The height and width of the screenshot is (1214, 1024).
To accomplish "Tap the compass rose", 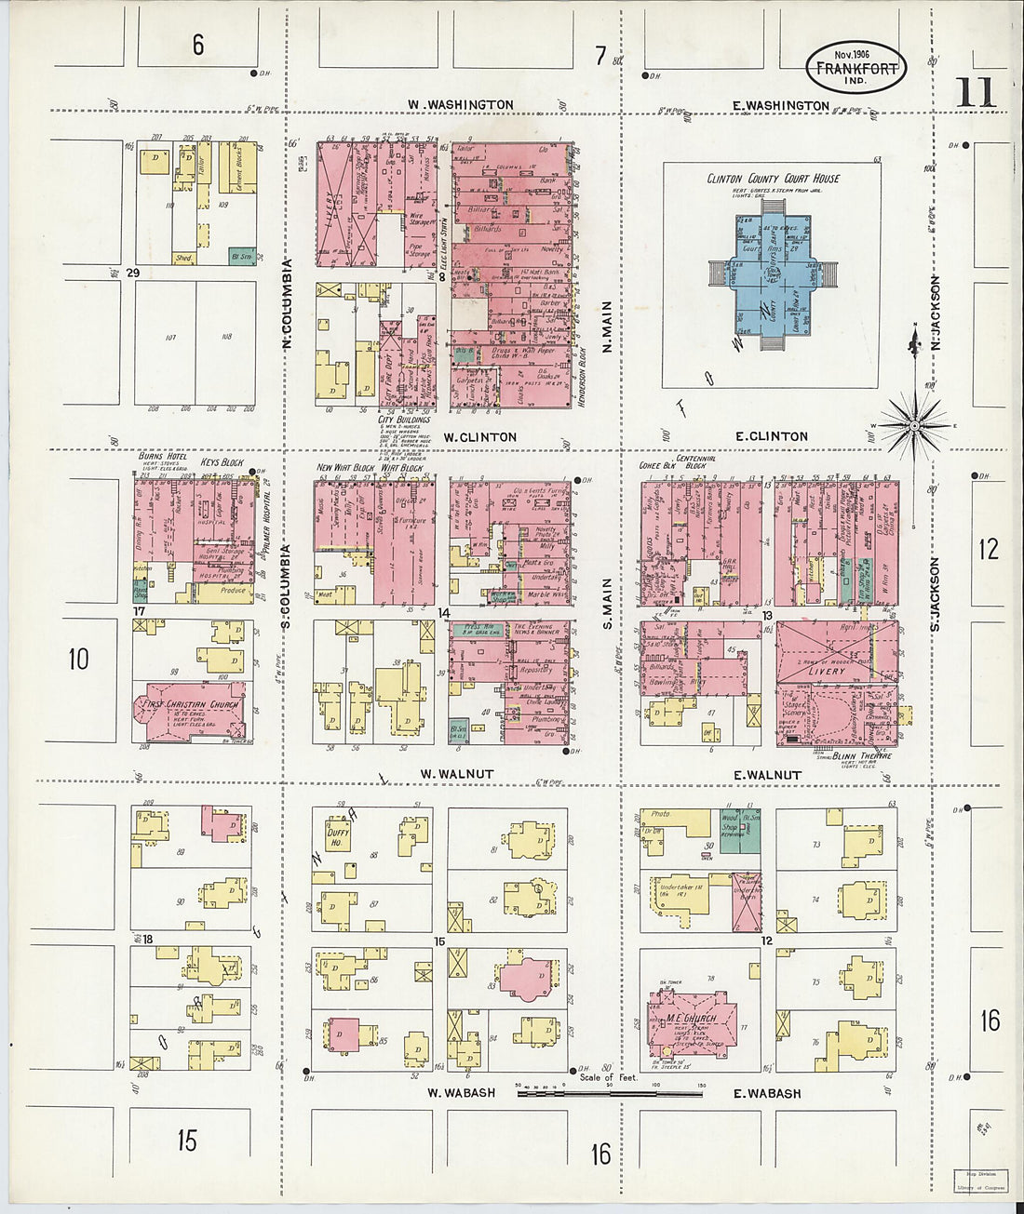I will tap(914, 425).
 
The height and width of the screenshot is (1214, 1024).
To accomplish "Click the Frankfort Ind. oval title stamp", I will tap(856, 68).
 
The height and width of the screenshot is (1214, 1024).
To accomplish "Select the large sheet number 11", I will tap(975, 93).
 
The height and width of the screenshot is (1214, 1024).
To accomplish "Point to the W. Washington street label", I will tap(460, 104).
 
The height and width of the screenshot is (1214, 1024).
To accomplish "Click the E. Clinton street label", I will tap(771, 435).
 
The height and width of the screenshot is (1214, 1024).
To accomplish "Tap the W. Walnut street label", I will tap(456, 773).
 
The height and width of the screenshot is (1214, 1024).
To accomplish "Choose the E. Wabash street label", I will tap(767, 1093).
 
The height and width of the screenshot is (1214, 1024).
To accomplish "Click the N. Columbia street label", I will tap(288, 303).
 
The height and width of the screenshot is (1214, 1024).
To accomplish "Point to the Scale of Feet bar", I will tap(610, 1093).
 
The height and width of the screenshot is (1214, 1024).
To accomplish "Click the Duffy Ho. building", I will tap(337, 835).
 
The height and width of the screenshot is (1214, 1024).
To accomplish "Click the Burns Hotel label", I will tap(163, 457).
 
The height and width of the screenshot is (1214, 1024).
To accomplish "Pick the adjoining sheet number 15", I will tap(188, 1140).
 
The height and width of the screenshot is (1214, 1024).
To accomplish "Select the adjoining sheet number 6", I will tap(197, 44).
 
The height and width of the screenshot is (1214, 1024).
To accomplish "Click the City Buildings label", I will tap(403, 420).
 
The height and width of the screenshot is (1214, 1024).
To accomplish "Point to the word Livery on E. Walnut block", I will tap(827, 670).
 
